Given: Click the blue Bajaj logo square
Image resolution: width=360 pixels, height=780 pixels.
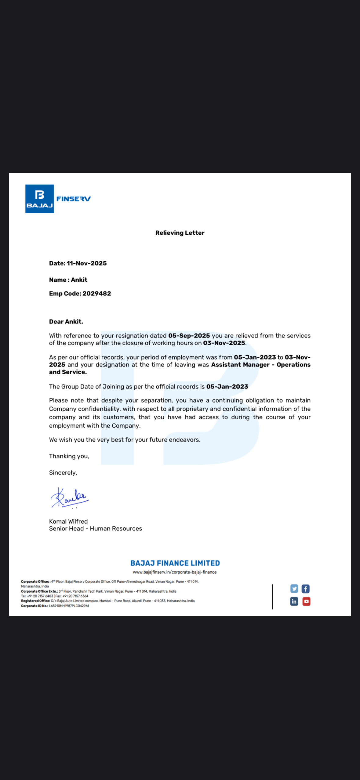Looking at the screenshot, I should (39, 199).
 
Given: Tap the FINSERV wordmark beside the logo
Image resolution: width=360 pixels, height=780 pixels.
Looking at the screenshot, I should (74, 199).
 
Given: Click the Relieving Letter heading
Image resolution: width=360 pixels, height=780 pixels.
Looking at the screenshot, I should (180, 233).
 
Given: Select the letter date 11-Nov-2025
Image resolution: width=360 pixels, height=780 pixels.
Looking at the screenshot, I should (87, 263).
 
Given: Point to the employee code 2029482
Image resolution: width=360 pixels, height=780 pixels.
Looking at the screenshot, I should (97, 294).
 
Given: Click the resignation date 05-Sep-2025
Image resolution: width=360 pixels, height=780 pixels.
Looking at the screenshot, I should (189, 336).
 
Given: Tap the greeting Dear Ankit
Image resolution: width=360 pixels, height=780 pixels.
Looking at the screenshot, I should (66, 322).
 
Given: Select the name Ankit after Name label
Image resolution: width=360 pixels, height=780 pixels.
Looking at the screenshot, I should (79, 280).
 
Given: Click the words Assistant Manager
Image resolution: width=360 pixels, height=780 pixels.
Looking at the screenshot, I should (240, 365).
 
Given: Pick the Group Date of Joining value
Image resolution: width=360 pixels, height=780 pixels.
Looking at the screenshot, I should (227, 387).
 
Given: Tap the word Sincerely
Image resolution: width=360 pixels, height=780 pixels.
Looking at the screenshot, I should (63, 473).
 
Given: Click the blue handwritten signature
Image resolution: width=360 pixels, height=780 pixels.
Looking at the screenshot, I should (70, 497).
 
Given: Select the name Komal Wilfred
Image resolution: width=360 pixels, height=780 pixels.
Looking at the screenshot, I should (68, 522).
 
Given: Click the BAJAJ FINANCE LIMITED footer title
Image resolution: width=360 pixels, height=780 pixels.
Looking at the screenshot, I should (175, 563).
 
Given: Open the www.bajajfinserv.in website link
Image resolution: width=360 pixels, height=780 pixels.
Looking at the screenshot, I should (175, 572).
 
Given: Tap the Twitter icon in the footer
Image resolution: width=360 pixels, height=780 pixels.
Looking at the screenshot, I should (294, 589).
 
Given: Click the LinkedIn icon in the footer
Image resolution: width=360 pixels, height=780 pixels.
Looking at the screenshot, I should (294, 601).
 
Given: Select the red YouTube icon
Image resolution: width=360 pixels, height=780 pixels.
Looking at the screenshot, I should (306, 601).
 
